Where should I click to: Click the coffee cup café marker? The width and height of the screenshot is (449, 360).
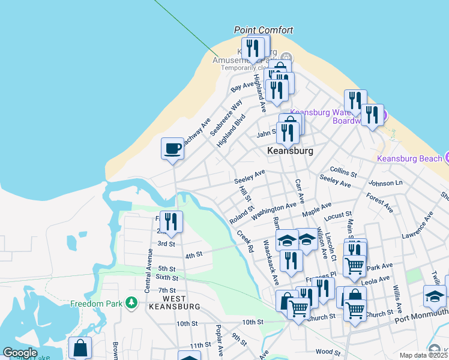pos(172,148)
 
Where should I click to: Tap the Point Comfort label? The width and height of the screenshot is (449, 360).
pos(264,30)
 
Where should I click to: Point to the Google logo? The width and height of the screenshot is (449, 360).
pos(20,353)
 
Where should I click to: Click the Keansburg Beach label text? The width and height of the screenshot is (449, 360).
pos(410,158)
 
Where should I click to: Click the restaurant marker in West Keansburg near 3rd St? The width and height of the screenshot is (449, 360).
pos(172,222)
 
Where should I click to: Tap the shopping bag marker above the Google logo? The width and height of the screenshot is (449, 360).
pos(80,347)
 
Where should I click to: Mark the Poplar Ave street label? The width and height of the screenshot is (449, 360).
pos(220,340)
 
